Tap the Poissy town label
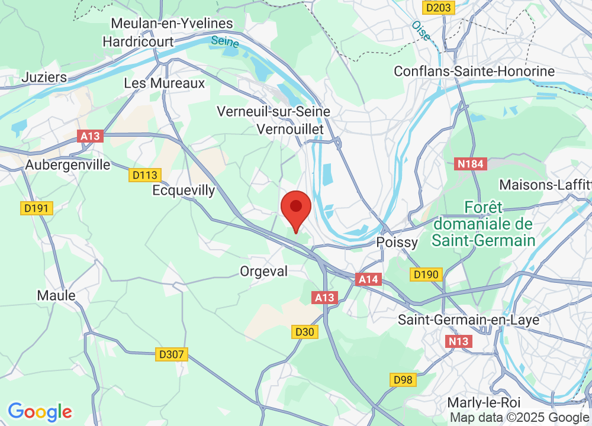pyautogui.click(x=397, y=243)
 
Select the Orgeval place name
pyautogui.click(x=263, y=272)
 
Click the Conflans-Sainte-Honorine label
pyautogui.click(x=475, y=72)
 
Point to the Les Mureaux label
pyautogui.click(x=164, y=83)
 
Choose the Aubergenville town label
pyautogui.click(x=67, y=165)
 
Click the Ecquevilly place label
pyautogui.click(x=184, y=191)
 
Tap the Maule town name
pyautogui.click(x=56, y=295)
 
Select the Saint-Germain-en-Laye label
pyautogui.click(x=460, y=320)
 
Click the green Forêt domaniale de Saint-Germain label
pyautogui.click(x=483, y=224)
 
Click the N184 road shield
pyautogui.click(x=471, y=164)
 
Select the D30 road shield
pyautogui.click(x=304, y=332)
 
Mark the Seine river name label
pyautogui.click(x=224, y=42)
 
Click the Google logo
pyautogui.click(x=40, y=412)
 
